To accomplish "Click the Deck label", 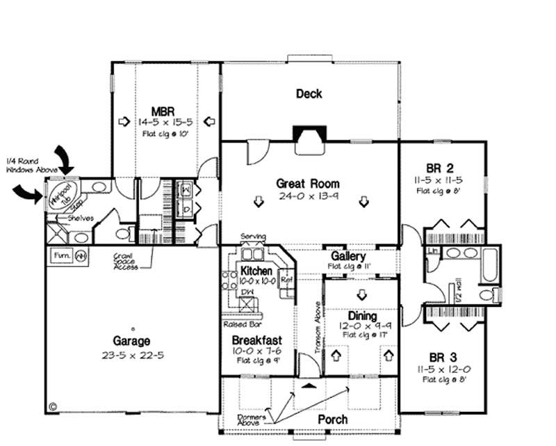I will (309, 94).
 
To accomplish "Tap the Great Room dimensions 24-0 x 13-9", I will (308, 196).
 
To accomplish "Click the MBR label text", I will (165, 111).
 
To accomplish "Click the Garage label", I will (131, 342).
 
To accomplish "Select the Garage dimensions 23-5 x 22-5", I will (131, 354).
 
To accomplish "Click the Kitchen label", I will (256, 270).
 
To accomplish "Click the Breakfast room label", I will (256, 340).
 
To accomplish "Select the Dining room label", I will (362, 316).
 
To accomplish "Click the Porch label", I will (332, 420).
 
